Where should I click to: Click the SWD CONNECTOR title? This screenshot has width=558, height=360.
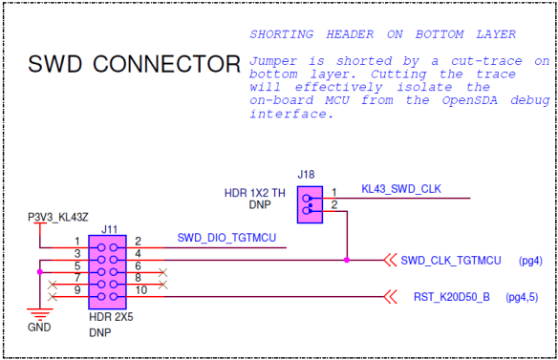pyautogui.click(x=134, y=65)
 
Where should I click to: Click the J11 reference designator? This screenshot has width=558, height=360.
pyautogui.click(x=110, y=229)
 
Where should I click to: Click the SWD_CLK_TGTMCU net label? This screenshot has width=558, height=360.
pyautogui.click(x=450, y=260)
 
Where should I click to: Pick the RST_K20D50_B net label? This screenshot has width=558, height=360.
pyautogui.click(x=452, y=297)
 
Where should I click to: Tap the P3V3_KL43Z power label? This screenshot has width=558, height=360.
pyautogui.click(x=58, y=218)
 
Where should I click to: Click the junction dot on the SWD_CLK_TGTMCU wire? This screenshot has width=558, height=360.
pyautogui.click(x=346, y=260)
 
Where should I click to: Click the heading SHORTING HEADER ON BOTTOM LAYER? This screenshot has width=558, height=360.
pyautogui.click(x=382, y=34)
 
